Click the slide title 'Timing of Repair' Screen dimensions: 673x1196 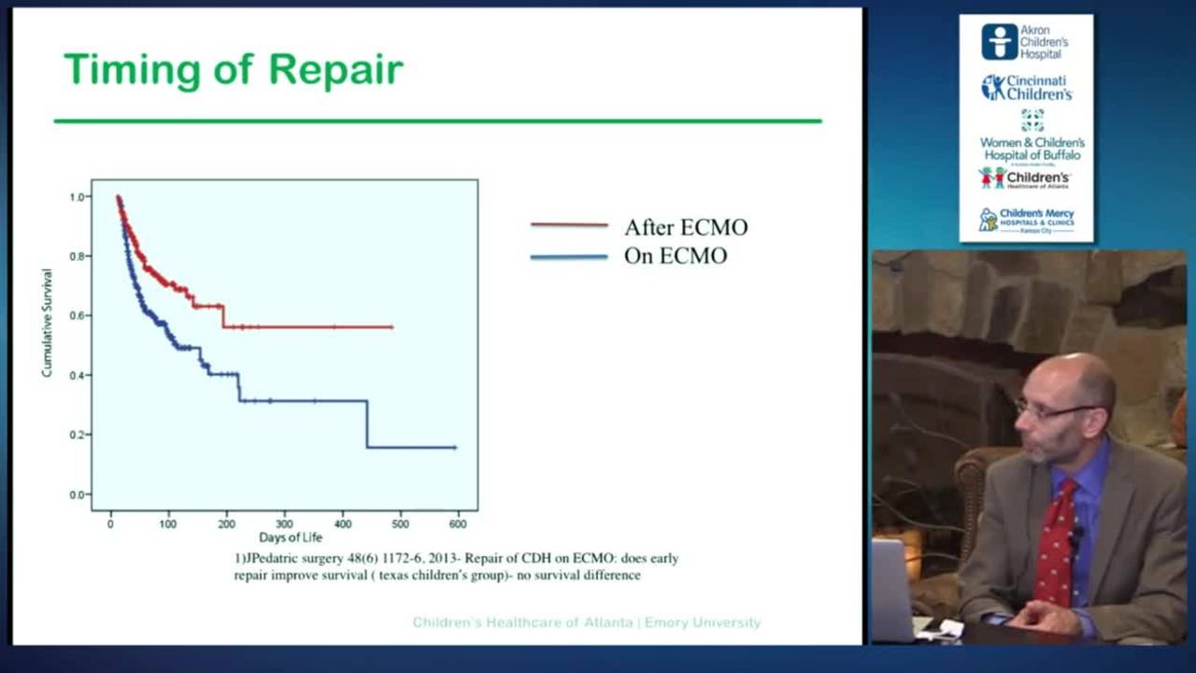pyautogui.click(x=233, y=70)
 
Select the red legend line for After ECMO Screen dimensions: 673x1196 pyautogui.click(x=569, y=225)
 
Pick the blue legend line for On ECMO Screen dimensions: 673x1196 pyautogui.click(x=569, y=256)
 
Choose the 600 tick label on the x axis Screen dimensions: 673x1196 pyautogui.click(x=458, y=524)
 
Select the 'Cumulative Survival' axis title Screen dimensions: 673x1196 pyautogui.click(x=47, y=322)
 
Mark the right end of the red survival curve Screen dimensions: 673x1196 pyautogui.click(x=392, y=327)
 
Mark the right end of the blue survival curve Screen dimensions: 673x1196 pyautogui.click(x=455, y=448)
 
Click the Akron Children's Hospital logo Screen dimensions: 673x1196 pyautogui.click(x=1026, y=42)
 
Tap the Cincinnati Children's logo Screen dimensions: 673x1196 pyautogui.click(x=1026, y=88)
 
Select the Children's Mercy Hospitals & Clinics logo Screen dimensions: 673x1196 pyautogui.click(x=1026, y=221)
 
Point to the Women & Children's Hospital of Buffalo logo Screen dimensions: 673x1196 pyautogui.click(x=1032, y=139)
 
